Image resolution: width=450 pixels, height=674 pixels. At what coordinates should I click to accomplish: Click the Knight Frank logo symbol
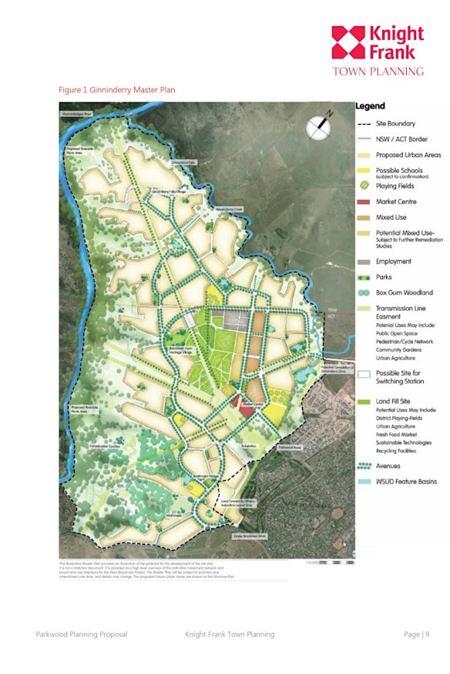click(348, 42)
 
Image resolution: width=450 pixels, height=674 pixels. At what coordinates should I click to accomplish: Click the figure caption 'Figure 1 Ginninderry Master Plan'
click(117, 90)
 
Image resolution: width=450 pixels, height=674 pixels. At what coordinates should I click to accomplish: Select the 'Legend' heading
click(371, 106)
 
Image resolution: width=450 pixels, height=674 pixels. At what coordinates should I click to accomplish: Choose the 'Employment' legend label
click(394, 262)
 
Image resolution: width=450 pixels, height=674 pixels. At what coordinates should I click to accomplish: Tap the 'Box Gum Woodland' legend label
click(405, 293)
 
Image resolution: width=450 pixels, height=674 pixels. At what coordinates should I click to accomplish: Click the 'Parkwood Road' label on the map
click(292, 445)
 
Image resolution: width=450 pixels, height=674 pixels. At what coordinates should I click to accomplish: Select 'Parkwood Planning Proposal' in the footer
click(81, 634)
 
